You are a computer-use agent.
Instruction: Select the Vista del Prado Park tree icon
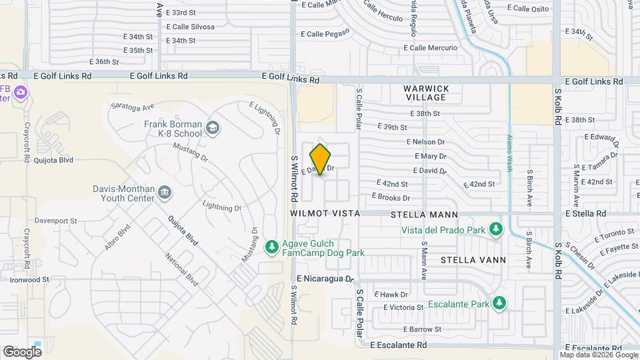(495, 230)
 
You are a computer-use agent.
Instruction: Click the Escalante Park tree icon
(499, 304)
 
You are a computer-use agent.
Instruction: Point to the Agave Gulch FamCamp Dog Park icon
(271, 248)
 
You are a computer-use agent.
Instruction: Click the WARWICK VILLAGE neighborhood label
(426, 93)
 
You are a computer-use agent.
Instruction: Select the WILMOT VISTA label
(325, 213)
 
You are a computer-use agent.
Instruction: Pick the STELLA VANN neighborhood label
(473, 259)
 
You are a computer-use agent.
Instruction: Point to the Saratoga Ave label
(133, 106)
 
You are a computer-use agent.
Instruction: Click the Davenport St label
(56, 221)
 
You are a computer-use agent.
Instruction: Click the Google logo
(22, 351)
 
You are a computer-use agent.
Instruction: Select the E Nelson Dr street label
(425, 142)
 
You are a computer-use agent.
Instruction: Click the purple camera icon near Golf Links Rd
(21, 91)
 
